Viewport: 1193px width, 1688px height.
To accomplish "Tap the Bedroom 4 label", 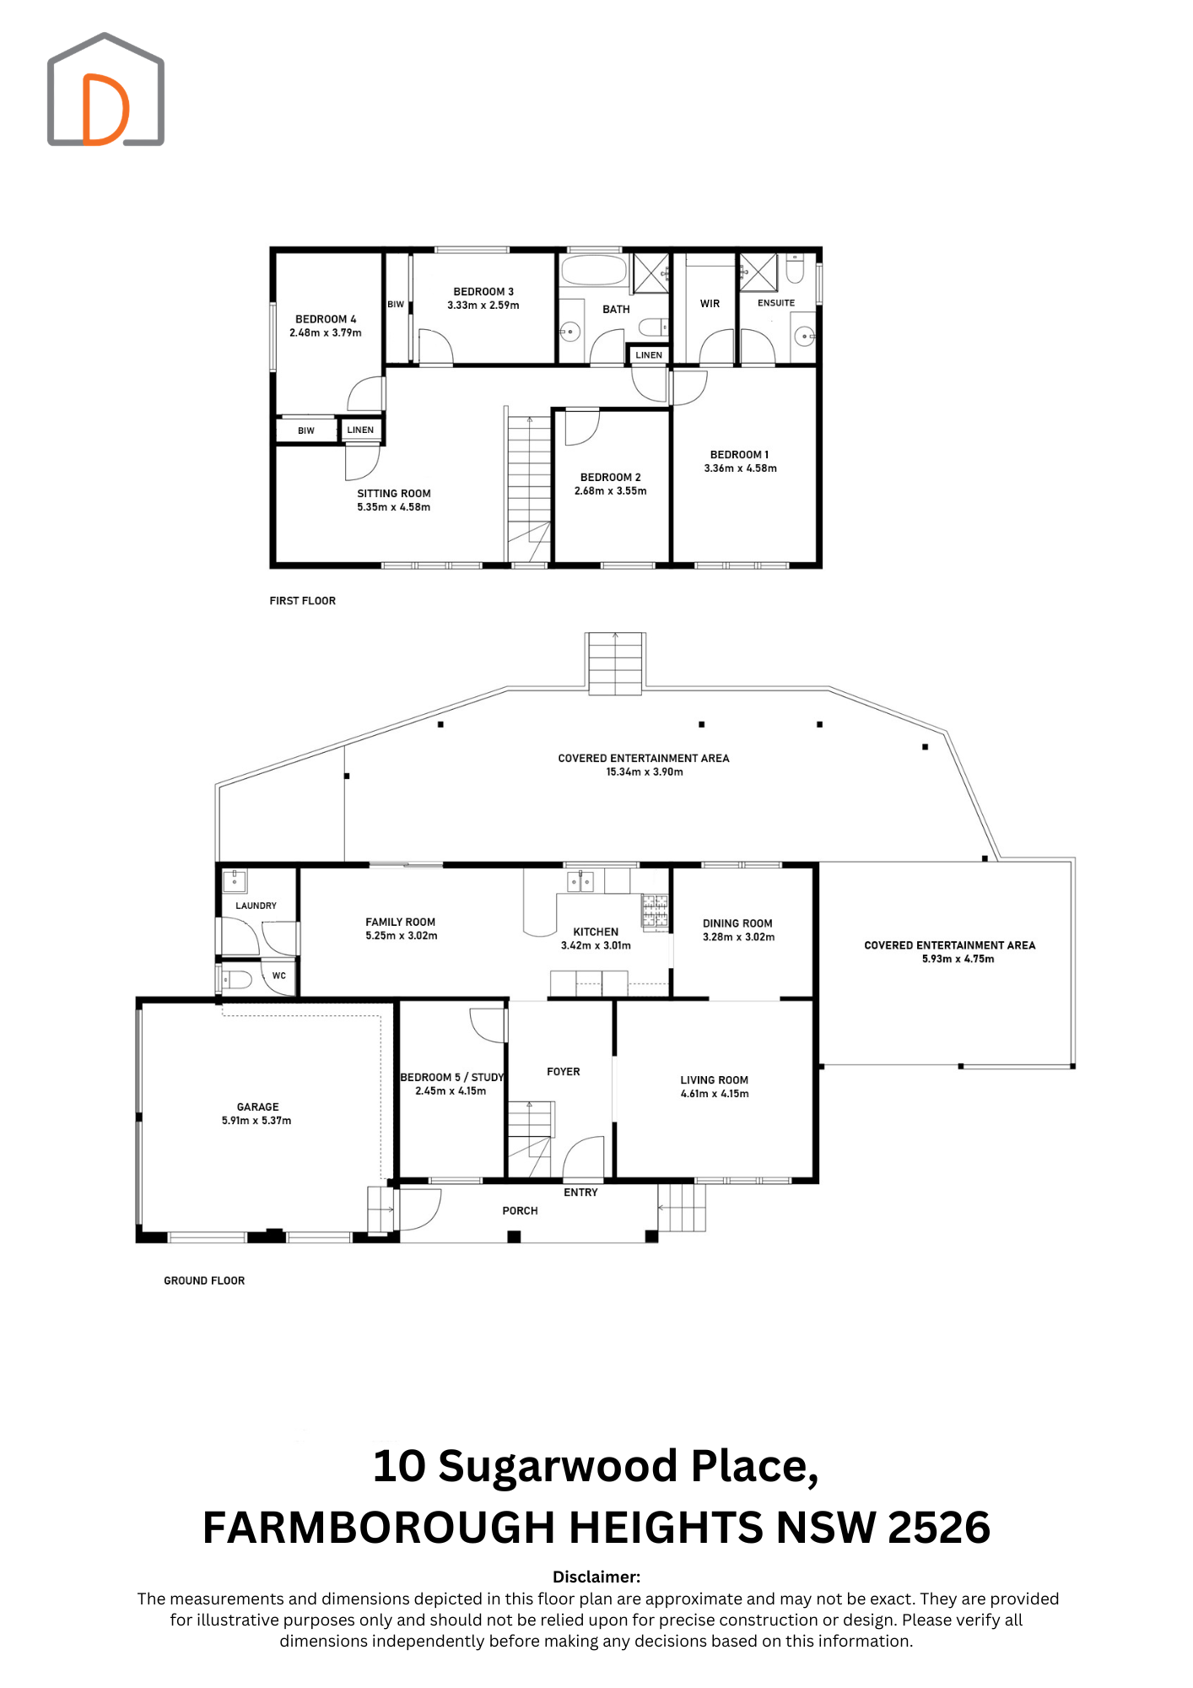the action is click(x=326, y=319).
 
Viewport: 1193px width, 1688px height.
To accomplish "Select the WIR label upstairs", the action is click(x=710, y=304).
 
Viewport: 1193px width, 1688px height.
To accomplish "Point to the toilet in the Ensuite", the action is click(x=795, y=269).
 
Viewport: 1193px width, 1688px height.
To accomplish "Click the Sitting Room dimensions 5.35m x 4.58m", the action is click(x=394, y=507).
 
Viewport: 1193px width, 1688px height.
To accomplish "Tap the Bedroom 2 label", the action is click(x=611, y=477).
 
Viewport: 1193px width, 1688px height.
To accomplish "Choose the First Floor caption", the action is click(x=303, y=601).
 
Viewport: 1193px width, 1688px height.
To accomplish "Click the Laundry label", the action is click(x=256, y=906).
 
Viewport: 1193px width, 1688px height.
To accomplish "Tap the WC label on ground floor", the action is click(x=279, y=976).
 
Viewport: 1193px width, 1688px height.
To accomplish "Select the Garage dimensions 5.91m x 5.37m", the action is click(x=256, y=1121).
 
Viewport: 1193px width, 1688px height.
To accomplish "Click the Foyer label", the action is click(x=564, y=1072).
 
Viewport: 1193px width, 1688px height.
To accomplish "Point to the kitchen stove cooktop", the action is click(x=656, y=912).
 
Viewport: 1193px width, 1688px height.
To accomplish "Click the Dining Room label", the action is click(x=737, y=923).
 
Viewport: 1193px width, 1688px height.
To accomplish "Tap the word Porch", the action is click(x=520, y=1211).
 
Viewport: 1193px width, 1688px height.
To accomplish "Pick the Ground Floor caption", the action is click(x=204, y=1281).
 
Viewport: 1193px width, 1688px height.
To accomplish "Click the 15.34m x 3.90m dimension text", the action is click(x=645, y=772).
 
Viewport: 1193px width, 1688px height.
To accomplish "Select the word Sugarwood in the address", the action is click(x=559, y=1467).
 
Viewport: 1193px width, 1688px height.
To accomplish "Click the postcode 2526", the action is click(x=939, y=1528).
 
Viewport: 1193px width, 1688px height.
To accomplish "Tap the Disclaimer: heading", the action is click(x=596, y=1577).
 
